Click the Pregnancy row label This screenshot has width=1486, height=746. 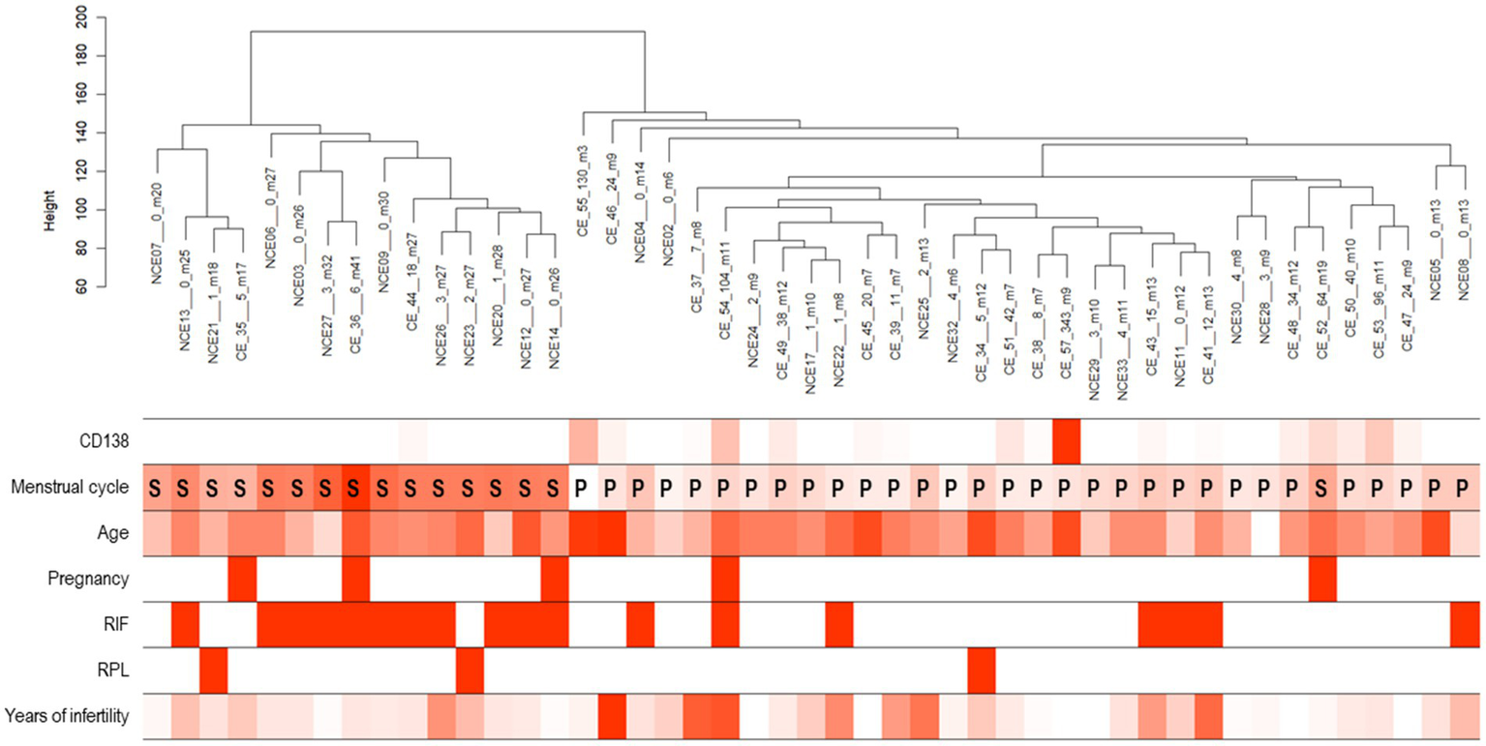coord(94,580)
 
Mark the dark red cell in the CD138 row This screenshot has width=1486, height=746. coord(1066,441)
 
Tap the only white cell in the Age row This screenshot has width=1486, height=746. coord(1264,533)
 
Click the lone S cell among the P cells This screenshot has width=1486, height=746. coord(1321,488)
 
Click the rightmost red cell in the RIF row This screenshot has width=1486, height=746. coord(1464,625)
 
